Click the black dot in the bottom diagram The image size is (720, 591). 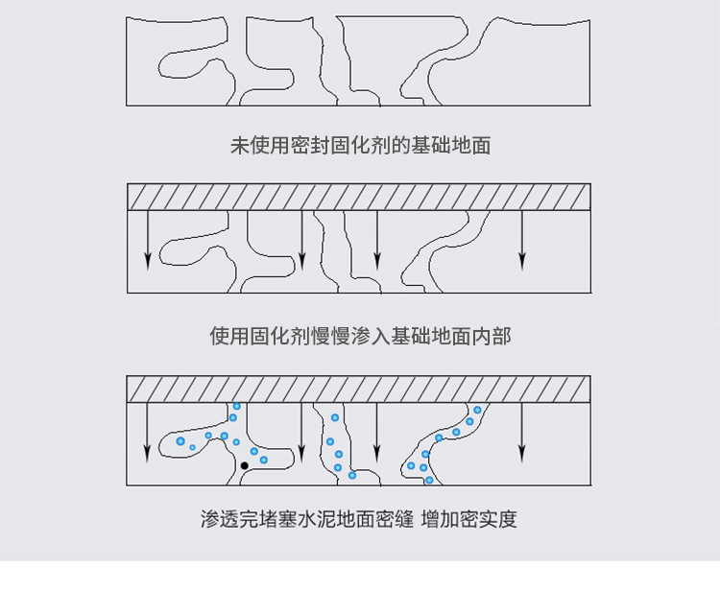tap(244, 465)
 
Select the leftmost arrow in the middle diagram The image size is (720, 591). tap(148, 240)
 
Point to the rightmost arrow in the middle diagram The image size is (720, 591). tap(521, 240)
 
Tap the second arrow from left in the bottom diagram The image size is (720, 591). tap(301, 433)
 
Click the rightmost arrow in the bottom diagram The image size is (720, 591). tap(521, 433)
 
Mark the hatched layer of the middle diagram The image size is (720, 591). tap(359, 197)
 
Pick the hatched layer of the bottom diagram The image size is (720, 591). tap(359, 390)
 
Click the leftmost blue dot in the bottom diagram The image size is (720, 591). tap(180, 441)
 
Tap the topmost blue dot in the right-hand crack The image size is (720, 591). tap(477, 410)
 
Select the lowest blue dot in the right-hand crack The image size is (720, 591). tap(429, 480)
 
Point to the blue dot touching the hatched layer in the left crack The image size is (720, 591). tap(237, 406)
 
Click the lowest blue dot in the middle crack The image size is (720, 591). tap(352, 475)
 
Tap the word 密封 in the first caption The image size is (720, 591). tap(310, 146)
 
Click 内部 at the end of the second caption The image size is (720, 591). tap(492, 336)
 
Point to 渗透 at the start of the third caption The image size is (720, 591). tap(220, 519)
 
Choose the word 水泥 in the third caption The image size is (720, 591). tap(318, 519)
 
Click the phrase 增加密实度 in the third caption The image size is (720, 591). tap(468, 519)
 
